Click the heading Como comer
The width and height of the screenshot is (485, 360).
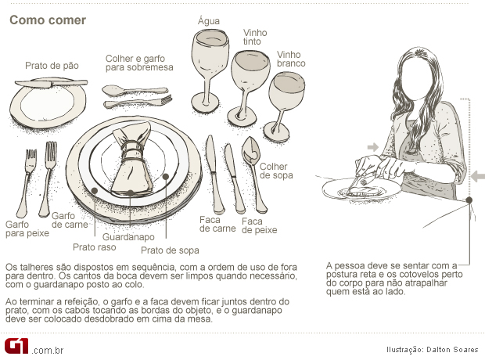pos(48,20)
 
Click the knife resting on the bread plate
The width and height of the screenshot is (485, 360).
pos(51,83)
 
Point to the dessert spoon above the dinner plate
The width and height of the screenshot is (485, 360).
pos(135,91)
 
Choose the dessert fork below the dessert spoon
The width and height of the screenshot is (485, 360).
pos(138,102)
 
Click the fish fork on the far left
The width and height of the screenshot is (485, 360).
pos(27,183)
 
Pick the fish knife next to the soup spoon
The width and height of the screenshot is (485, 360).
pos(235,178)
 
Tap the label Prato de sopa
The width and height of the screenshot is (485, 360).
pos(170,250)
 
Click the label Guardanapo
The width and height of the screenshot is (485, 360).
pos(128,237)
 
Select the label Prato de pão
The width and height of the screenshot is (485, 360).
pos(52,66)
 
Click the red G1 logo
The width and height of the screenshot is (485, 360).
pos(16,346)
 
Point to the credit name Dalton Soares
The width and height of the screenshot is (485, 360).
pos(452,350)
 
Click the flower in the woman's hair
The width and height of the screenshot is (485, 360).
pos(420,53)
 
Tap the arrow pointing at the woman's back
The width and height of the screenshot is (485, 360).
pos(478,177)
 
